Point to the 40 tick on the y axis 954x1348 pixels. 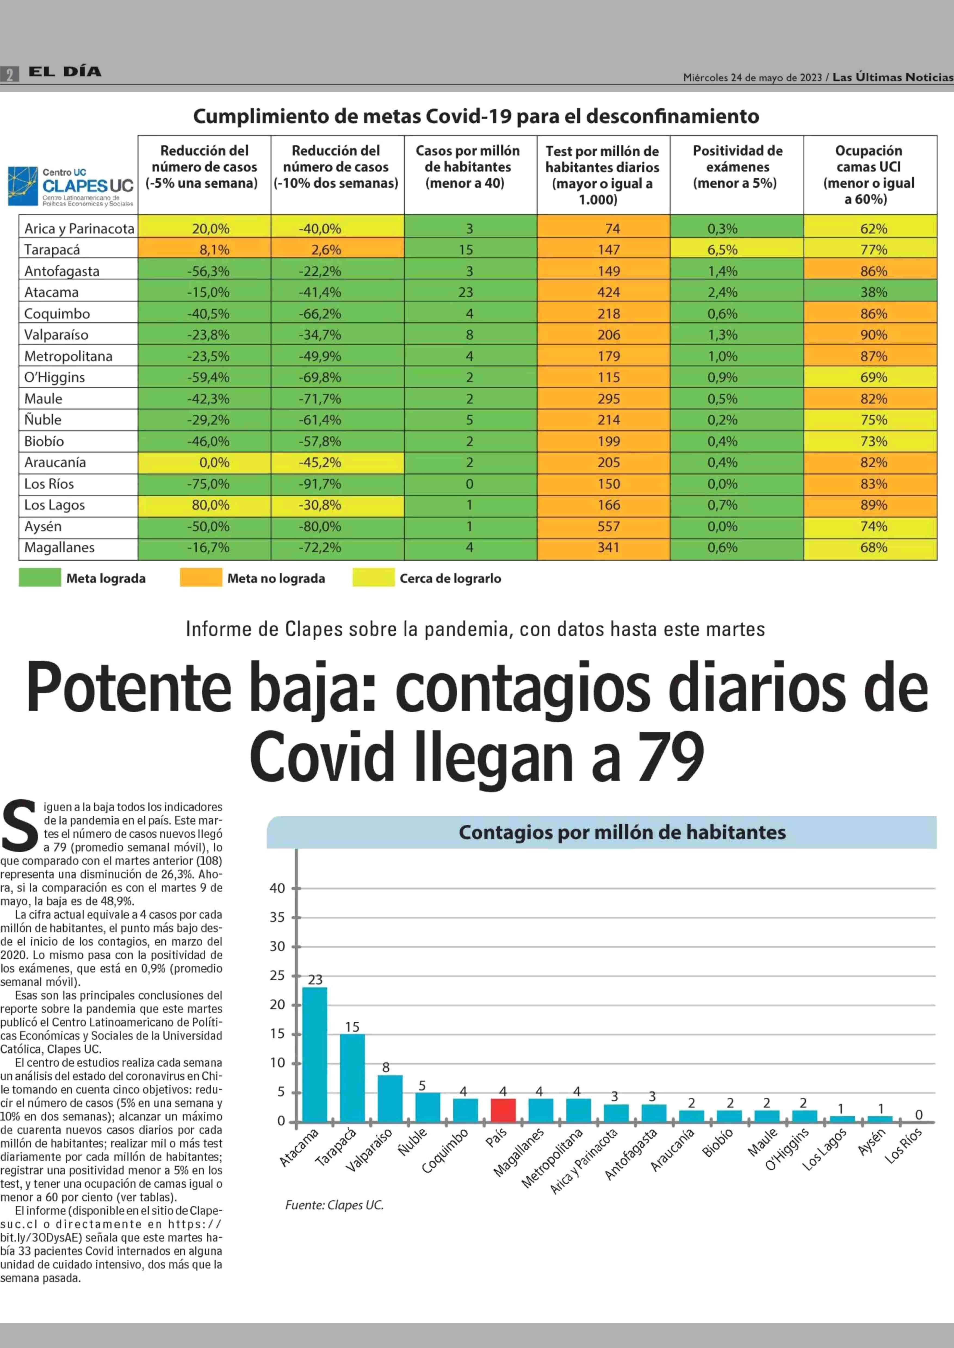[x=277, y=888]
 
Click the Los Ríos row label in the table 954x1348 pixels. [x=49, y=484]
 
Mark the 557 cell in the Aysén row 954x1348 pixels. [x=608, y=526]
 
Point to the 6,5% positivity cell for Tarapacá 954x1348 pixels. [x=722, y=250]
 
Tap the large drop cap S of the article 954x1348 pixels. [x=20, y=825]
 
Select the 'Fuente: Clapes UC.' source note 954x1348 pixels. [x=334, y=1205]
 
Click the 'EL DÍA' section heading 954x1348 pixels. [x=65, y=72]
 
